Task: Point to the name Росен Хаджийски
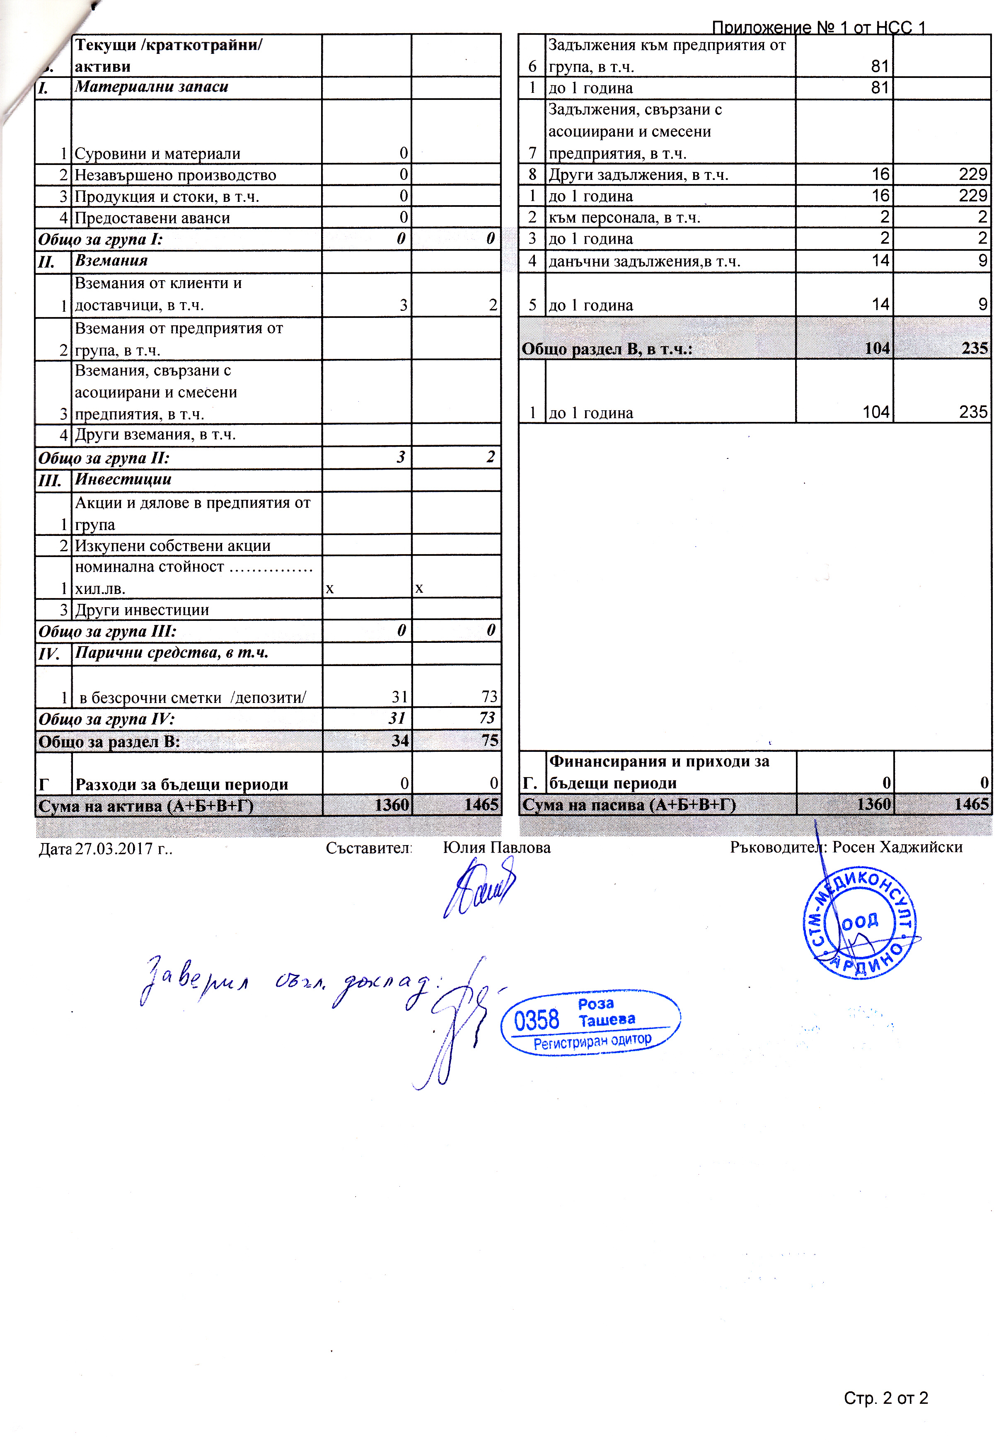(x=897, y=847)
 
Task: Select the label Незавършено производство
(x=175, y=175)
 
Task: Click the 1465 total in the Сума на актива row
(x=481, y=804)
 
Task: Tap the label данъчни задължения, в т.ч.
(x=644, y=261)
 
